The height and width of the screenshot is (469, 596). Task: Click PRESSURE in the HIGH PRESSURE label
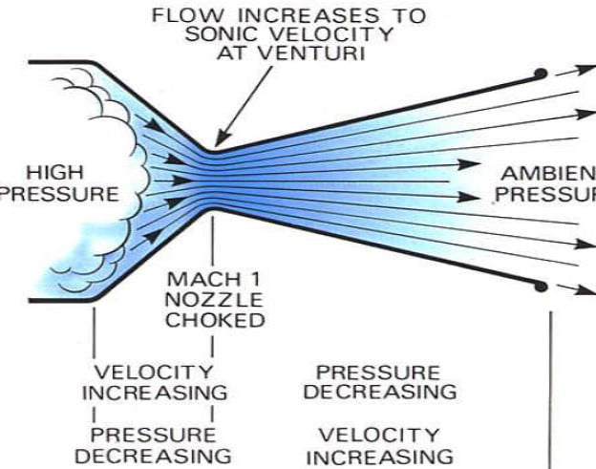(x=61, y=194)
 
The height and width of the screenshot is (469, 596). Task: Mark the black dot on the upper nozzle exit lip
(x=540, y=73)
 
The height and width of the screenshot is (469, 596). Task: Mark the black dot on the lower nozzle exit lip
(x=542, y=286)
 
